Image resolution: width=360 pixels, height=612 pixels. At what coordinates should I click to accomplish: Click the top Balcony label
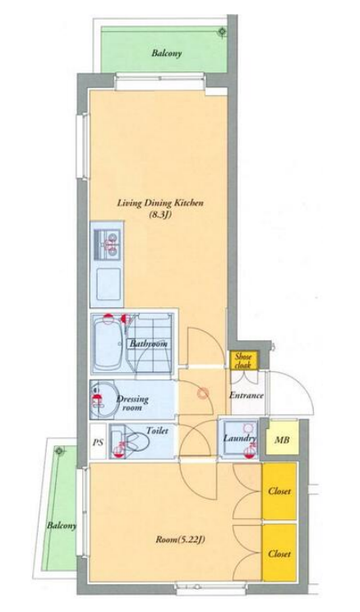tap(167, 53)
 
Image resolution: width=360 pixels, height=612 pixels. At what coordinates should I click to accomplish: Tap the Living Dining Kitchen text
tap(160, 203)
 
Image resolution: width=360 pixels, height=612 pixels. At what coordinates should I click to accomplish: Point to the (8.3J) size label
tap(160, 214)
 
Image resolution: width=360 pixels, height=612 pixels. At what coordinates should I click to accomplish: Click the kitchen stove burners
tap(108, 245)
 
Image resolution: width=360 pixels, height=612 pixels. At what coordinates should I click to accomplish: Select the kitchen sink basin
tap(108, 283)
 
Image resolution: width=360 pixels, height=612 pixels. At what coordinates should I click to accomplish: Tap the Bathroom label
tap(149, 344)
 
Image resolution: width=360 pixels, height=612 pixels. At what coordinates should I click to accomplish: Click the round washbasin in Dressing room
tap(102, 399)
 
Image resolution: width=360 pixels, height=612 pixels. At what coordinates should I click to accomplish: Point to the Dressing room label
tap(133, 403)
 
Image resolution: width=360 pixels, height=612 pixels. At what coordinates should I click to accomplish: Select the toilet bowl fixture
tap(133, 442)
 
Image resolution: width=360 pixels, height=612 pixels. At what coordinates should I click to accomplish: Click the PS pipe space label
tap(98, 443)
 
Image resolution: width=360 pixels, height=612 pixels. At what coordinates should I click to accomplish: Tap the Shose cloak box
tap(243, 361)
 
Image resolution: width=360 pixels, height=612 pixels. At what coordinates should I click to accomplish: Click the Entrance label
tap(247, 395)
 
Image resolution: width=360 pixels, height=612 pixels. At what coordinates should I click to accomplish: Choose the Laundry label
tap(239, 439)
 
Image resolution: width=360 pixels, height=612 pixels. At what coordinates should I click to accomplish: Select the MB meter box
tap(282, 439)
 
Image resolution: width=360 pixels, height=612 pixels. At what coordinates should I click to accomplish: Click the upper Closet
tap(279, 491)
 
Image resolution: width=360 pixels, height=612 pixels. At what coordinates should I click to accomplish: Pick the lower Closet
tap(279, 554)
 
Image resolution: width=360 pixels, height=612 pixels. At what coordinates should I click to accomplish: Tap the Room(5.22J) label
tap(180, 541)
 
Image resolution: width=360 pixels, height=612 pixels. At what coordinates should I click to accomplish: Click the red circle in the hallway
tap(202, 393)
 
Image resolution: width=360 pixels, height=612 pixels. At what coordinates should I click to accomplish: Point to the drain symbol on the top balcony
tap(222, 31)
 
